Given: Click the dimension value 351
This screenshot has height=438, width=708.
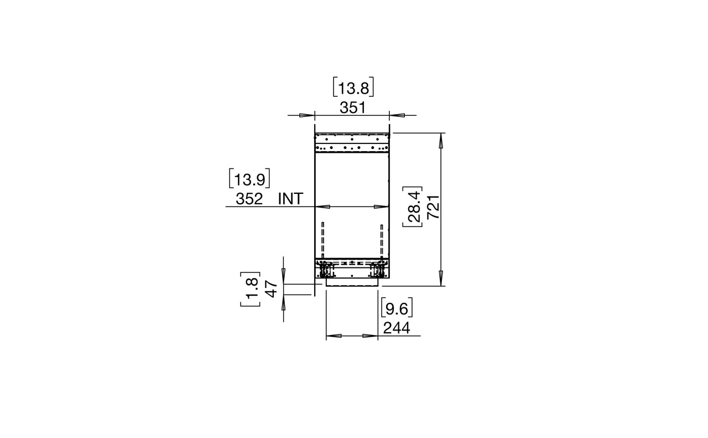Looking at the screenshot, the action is pyautogui.click(x=352, y=108).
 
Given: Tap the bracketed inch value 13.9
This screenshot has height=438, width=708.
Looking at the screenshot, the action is pyautogui.click(x=249, y=178).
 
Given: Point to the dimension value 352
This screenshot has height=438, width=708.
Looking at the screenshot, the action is pyautogui.click(x=249, y=199).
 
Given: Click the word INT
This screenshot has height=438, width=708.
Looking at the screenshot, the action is pyautogui.click(x=290, y=199).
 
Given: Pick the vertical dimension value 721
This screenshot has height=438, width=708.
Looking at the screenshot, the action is pyautogui.click(x=433, y=207).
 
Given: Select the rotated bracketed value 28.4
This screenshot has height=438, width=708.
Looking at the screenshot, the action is pyautogui.click(x=413, y=207).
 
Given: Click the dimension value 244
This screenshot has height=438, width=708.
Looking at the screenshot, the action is pyautogui.click(x=397, y=328).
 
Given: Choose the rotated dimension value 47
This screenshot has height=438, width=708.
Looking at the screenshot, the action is pyautogui.click(x=272, y=289).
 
